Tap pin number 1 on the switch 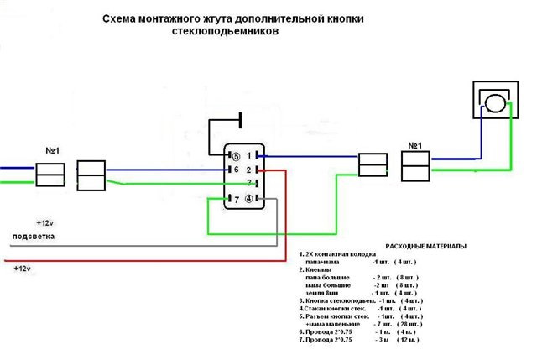tap(249, 155)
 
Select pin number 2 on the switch tap(249, 169)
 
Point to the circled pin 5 tap(237, 156)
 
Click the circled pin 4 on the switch tap(248, 198)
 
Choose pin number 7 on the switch tap(237, 199)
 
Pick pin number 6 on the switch tap(237, 169)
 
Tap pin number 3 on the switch tap(249, 182)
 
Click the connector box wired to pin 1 tap(373, 164)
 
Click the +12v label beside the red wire tap(23, 268)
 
